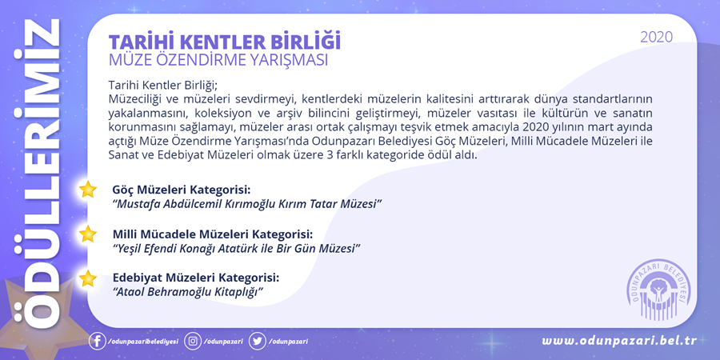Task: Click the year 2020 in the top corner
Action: pyautogui.click(x=656, y=37)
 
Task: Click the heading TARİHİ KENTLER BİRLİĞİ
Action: pyautogui.click(x=225, y=42)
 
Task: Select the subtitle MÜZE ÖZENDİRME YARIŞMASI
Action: pyautogui.click(x=218, y=61)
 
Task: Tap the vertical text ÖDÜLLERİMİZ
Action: pyautogui.click(x=37, y=174)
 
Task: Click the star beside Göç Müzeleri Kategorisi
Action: pyautogui.click(x=87, y=190)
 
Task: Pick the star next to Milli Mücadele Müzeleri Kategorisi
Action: pyautogui.click(x=87, y=234)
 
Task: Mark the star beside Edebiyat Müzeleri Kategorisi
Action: pyautogui.click(x=87, y=278)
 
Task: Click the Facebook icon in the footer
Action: pyautogui.click(x=97, y=342)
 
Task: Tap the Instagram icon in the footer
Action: pyautogui.click(x=193, y=342)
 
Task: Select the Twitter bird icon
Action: pyautogui.click(x=257, y=342)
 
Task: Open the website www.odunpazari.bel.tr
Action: pyautogui.click(x=619, y=341)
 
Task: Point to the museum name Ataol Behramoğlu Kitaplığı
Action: pyautogui.click(x=188, y=292)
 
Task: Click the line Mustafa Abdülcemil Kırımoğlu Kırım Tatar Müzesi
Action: pyautogui.click(x=248, y=203)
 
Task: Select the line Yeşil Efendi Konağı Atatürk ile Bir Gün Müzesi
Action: pyautogui.click(x=236, y=248)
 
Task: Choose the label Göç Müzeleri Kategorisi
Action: pyautogui.click(x=182, y=190)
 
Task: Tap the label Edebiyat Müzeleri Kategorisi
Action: pyautogui.click(x=196, y=278)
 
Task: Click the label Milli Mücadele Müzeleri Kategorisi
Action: pyautogui.click(x=213, y=234)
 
